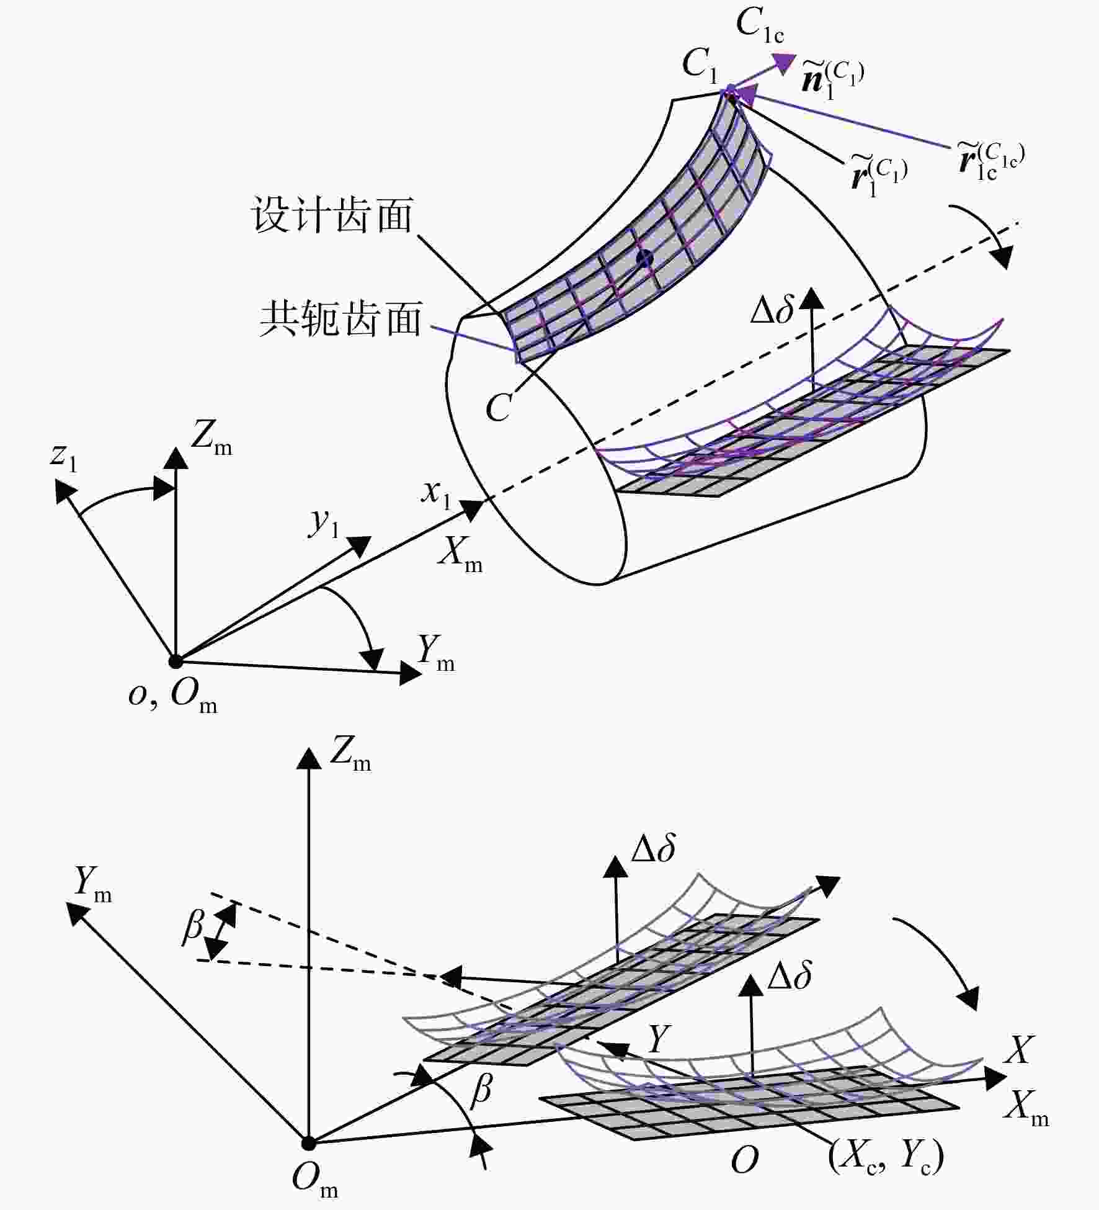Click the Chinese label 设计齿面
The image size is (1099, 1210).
tap(332, 215)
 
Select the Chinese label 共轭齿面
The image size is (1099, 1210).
tap(340, 319)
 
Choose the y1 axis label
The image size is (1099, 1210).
tap(324, 522)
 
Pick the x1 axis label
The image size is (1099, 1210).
tap(436, 493)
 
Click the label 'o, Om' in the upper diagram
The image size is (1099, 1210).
tap(172, 694)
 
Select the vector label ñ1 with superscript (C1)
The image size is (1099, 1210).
tap(832, 79)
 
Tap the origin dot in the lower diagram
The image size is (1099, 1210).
tap(308, 1142)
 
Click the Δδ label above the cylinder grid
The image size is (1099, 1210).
tap(772, 308)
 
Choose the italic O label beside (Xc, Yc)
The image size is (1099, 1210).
tap(744, 1160)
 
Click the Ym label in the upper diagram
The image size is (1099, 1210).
tap(436, 653)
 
